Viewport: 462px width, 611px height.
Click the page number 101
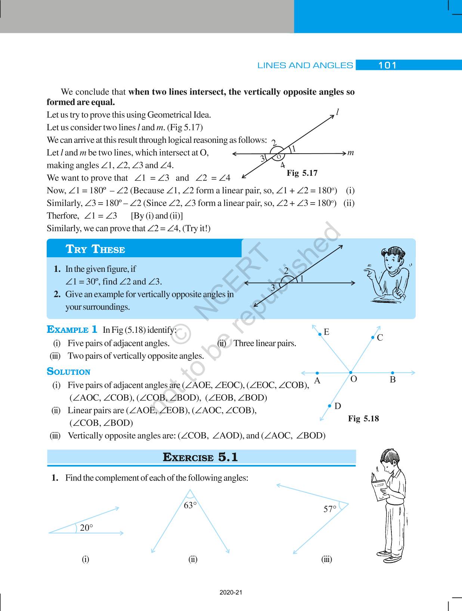[x=387, y=65]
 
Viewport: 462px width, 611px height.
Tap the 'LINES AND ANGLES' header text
[x=305, y=65]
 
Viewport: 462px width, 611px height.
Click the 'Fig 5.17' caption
[x=302, y=173]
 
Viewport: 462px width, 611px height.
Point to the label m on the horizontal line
[x=350, y=153]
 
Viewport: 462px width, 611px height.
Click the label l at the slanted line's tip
[x=337, y=112]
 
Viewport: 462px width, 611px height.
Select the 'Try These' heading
[x=95, y=249]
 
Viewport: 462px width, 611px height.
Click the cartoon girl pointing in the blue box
[x=388, y=275]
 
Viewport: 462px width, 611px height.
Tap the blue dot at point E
[x=320, y=334]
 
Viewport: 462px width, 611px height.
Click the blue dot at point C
[x=373, y=338]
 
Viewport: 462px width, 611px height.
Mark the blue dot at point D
[x=330, y=406]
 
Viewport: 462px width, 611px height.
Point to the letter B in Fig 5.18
[x=393, y=380]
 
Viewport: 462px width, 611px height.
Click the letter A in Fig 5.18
[x=317, y=381]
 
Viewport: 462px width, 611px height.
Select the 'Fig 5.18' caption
[x=363, y=418]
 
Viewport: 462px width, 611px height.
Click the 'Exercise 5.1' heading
[x=200, y=457]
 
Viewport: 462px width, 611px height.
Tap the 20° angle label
[x=86, y=528]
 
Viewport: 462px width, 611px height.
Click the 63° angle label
[x=190, y=506]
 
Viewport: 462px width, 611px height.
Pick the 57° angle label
[x=330, y=509]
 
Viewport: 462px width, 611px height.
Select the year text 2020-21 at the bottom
[x=231, y=593]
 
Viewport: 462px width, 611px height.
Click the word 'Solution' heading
[x=69, y=372]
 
